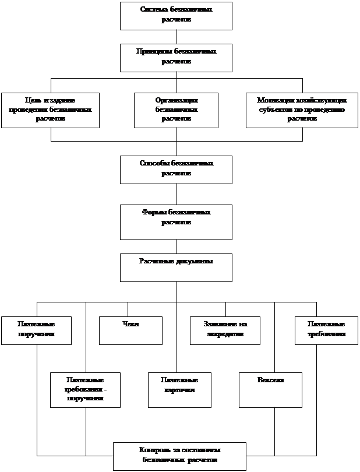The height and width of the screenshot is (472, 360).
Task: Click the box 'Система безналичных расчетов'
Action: click(176, 16)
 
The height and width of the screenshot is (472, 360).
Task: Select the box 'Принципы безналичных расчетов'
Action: click(176, 58)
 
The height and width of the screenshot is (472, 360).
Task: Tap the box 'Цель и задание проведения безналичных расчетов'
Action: click(50, 110)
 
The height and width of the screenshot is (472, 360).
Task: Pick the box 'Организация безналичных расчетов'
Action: click(176, 110)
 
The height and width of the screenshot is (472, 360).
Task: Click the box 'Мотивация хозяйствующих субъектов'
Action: click(302, 110)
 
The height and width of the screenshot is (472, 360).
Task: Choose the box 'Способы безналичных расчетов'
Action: click(176, 170)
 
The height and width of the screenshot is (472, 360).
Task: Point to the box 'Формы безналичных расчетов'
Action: click(176, 222)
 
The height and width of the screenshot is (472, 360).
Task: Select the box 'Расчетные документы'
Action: click(176, 267)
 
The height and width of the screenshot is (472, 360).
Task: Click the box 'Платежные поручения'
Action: click(36, 330)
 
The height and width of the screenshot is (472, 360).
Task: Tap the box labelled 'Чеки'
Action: click(130, 330)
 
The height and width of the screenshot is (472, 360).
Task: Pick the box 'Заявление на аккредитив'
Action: click(225, 330)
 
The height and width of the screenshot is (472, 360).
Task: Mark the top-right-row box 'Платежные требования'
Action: click(326, 330)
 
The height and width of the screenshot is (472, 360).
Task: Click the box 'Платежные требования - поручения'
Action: click(85, 390)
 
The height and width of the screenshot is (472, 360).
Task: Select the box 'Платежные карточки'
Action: click(179, 390)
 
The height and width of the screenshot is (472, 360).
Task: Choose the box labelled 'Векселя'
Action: click(270, 390)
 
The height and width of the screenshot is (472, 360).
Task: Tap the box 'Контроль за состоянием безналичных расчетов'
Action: click(179, 456)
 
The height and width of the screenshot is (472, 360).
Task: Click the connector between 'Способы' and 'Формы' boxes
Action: click(177, 194)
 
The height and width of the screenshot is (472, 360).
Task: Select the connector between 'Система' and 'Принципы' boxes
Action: click(177, 37)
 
